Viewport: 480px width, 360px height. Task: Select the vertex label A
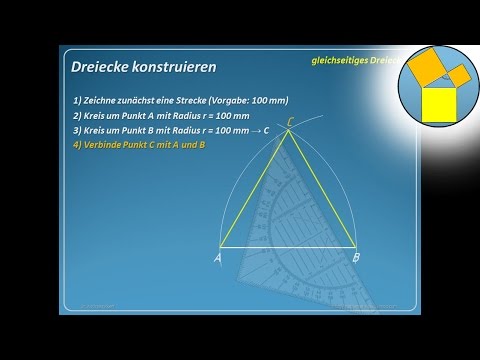[x=217, y=258]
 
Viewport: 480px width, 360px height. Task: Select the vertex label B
[x=356, y=258]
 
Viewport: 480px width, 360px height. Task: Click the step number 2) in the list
[x=78, y=117]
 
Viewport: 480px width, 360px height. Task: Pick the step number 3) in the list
[x=78, y=131]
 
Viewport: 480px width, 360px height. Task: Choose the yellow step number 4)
[x=78, y=145]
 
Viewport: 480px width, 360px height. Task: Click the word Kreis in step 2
[x=98, y=117]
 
